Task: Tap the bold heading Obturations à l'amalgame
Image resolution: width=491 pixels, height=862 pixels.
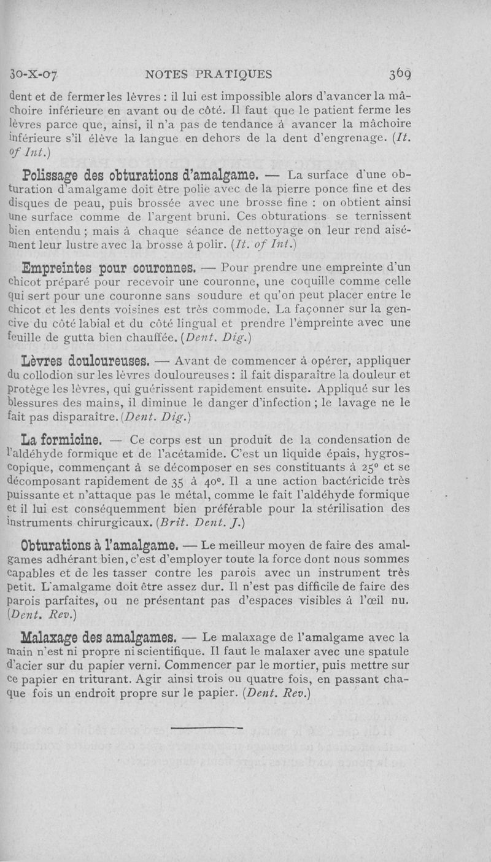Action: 100,545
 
